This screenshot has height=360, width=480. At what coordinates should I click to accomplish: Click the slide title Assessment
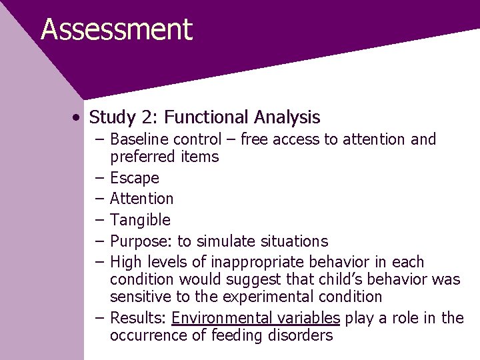point(117,30)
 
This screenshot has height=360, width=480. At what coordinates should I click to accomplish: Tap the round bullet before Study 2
point(79,118)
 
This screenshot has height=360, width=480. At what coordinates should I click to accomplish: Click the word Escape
point(135,178)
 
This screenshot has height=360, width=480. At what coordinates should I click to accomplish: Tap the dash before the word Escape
point(99,178)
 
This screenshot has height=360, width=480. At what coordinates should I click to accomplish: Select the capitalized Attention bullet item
point(141,199)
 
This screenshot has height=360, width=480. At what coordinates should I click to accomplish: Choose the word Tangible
point(140,220)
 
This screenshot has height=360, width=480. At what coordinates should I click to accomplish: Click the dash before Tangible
point(99,220)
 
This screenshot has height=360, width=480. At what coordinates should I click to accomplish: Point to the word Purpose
point(138,241)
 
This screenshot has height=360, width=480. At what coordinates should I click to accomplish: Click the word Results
point(137,318)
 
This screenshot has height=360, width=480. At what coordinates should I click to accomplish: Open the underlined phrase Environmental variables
point(255,318)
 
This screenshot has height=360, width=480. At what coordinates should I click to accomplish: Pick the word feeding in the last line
point(234,335)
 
